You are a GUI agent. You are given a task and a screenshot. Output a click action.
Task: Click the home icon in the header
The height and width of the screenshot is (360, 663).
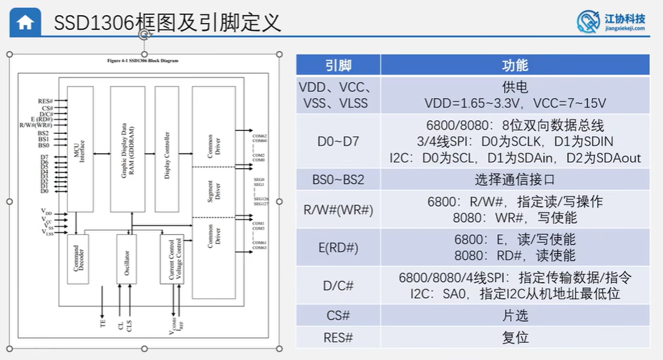(x=24, y=22)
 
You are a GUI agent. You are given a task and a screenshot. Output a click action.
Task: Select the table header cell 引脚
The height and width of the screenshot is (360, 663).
(x=338, y=65)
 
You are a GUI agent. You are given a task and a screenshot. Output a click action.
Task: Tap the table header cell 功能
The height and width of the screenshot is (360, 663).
(x=515, y=65)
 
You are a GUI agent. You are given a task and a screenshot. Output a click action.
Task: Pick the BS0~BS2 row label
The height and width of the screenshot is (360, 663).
(x=338, y=180)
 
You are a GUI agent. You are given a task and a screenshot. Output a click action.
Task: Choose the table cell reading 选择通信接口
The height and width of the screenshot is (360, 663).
(x=515, y=180)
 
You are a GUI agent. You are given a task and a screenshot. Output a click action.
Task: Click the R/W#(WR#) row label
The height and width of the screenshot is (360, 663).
(x=338, y=210)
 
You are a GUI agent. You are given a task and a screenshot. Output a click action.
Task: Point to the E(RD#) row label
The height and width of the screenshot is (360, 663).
(x=338, y=248)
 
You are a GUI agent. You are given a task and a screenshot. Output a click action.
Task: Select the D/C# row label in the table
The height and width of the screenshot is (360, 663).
(x=338, y=286)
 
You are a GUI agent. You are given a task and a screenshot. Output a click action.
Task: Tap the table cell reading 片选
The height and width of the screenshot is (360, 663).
(x=515, y=315)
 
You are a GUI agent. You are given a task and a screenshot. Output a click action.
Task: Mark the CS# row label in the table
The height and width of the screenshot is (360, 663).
(x=338, y=315)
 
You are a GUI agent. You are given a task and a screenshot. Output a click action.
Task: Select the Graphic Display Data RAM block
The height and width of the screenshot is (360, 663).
(x=127, y=149)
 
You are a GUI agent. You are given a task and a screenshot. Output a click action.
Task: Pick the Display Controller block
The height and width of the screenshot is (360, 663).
(x=166, y=149)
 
